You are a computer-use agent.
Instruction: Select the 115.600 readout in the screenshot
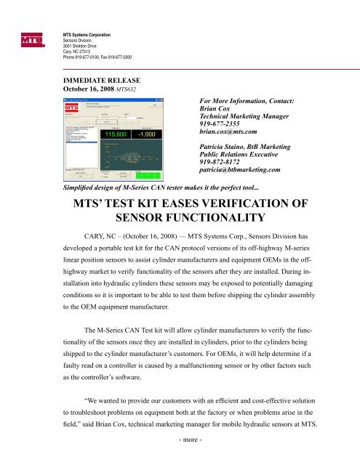[103, 134]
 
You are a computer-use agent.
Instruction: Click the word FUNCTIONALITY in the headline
[180, 221]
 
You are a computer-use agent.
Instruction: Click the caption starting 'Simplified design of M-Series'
[149, 187]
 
